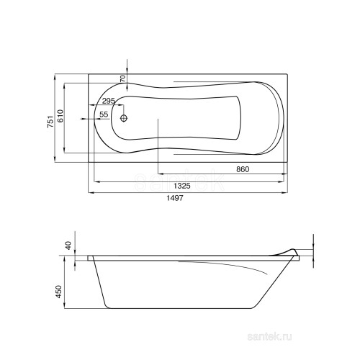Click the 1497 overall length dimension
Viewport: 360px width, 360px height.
tap(175, 198)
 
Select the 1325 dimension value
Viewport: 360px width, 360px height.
tap(182, 186)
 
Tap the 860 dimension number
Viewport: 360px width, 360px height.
tap(243, 169)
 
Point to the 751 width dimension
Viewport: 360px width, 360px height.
tap(50, 121)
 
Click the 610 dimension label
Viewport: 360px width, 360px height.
tap(60, 116)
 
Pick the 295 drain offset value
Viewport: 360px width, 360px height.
tap(109, 101)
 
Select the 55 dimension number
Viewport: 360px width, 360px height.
tap(104, 114)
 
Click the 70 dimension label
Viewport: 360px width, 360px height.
tap(122, 78)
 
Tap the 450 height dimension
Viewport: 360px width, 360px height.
tap(59, 292)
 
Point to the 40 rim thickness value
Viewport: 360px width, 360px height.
tap(69, 246)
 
